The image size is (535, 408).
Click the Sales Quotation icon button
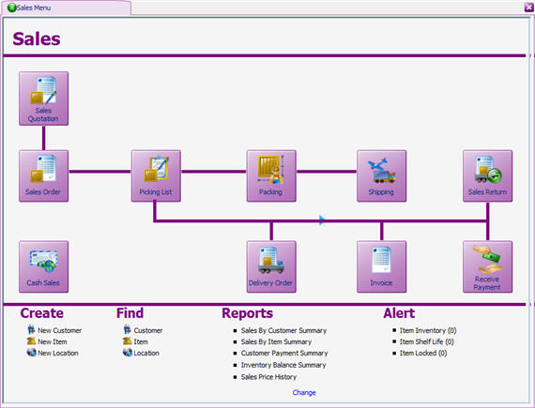43,98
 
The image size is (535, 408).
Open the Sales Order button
43,175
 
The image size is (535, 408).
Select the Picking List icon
155,175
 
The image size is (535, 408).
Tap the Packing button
270,175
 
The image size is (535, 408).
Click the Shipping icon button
381,175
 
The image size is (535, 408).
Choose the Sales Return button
487,175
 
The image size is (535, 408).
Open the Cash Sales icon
43,266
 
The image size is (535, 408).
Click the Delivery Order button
270,266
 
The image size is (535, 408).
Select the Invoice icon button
381,266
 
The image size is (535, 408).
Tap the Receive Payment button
487,266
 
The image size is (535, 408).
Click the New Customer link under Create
59,330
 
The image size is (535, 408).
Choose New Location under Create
58,353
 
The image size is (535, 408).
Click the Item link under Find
140,341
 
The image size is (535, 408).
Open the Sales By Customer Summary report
283,330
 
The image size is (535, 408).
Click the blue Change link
304,393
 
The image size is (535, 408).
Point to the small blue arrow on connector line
322,220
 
